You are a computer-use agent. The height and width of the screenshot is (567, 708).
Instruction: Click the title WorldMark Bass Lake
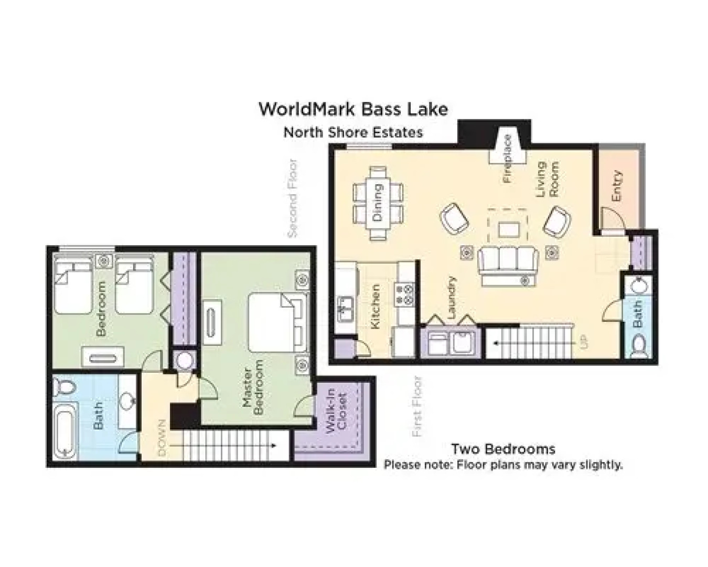pos(353,109)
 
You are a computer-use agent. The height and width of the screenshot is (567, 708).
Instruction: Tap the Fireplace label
pos(507,159)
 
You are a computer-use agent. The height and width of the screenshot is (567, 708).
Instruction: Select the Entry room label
pos(617,186)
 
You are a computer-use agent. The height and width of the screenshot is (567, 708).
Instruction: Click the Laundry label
pos(452,298)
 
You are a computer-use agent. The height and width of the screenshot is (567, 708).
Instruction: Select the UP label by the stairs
pos(584,342)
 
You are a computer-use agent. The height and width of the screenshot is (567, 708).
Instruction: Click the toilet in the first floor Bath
pos(638,346)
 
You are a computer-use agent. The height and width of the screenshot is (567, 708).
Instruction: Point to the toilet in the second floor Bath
pos(65,387)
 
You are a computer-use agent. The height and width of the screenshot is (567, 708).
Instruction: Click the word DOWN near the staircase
pos(161,437)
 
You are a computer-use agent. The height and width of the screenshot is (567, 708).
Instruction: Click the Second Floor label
pos(293,198)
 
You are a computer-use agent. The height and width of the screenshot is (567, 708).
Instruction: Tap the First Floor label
pos(417,406)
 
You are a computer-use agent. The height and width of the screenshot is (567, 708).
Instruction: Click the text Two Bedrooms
pos(503,449)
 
